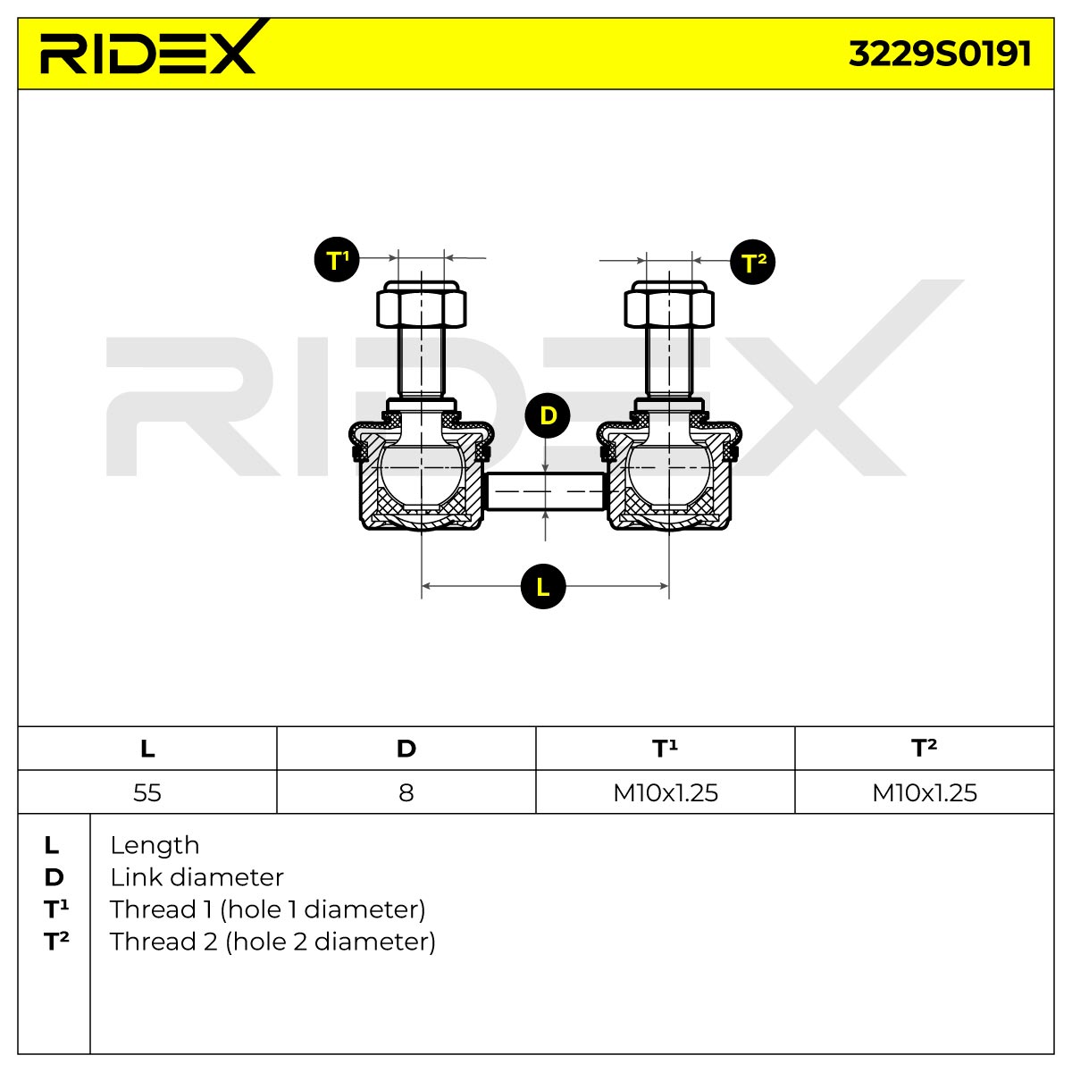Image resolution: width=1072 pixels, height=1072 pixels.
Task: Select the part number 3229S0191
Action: click(940, 54)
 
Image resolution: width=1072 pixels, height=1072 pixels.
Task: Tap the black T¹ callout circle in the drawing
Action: click(337, 259)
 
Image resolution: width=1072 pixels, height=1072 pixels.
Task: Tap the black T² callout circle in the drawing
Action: click(753, 262)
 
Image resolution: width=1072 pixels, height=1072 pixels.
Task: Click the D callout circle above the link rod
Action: click(548, 415)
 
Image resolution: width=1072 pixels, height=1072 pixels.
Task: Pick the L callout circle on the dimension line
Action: click(543, 586)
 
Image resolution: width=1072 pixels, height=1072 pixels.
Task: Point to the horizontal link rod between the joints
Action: click(545, 491)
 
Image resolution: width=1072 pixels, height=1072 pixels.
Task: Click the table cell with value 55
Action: click(147, 792)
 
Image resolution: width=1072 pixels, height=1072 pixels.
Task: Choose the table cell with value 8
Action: click(406, 792)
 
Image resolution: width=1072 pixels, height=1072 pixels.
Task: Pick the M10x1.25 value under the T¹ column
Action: click(666, 792)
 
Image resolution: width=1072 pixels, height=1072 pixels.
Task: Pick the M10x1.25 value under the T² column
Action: click(925, 792)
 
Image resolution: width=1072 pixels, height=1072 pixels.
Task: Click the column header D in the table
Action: click(406, 749)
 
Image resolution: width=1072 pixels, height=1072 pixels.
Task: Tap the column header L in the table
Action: click(147, 749)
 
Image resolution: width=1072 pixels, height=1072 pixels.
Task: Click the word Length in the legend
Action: click(155, 846)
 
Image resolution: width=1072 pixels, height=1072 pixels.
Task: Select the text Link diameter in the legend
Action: click(197, 877)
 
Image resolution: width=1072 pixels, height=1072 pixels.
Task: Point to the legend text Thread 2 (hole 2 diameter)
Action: click(272, 942)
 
